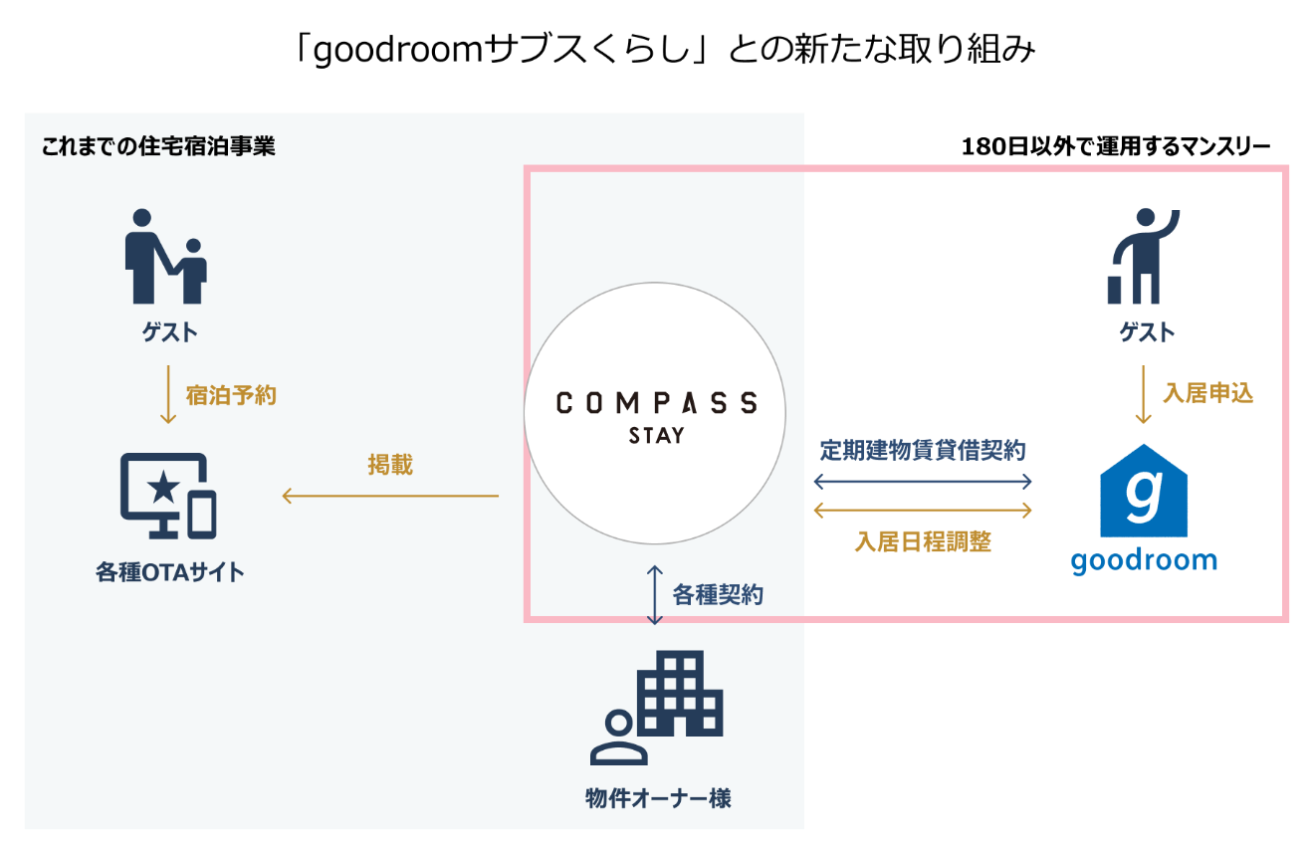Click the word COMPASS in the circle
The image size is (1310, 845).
tap(656, 402)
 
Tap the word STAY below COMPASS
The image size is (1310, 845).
tap(656, 435)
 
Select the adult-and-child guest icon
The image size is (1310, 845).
tap(165, 257)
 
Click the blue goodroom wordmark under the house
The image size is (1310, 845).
tap(1144, 559)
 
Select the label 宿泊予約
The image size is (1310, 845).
tap(231, 395)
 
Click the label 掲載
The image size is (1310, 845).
tap(390, 464)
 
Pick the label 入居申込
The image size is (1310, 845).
tap(1207, 393)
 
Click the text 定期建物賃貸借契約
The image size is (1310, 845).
tap(923, 450)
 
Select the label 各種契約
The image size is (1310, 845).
tap(718, 595)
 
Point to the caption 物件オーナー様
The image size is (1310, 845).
tap(658, 798)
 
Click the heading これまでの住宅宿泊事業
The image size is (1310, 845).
tap(158, 147)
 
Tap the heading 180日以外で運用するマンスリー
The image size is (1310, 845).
tap(1116, 147)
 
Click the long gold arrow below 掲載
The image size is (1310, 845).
tap(390, 496)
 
